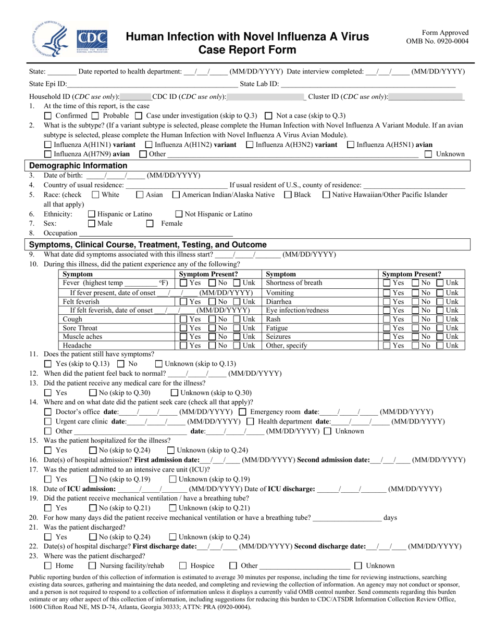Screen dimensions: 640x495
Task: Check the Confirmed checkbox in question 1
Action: coord(48,116)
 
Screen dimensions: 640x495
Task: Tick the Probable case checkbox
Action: coord(95,116)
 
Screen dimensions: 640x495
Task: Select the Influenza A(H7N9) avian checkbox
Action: coord(48,154)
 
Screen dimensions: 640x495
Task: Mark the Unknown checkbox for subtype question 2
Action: coord(428,154)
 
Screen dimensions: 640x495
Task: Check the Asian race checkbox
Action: coord(140,195)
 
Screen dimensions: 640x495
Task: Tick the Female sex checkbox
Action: coord(150,224)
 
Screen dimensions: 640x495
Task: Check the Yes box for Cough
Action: coord(183,319)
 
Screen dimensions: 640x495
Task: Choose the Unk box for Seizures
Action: coord(440,337)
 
